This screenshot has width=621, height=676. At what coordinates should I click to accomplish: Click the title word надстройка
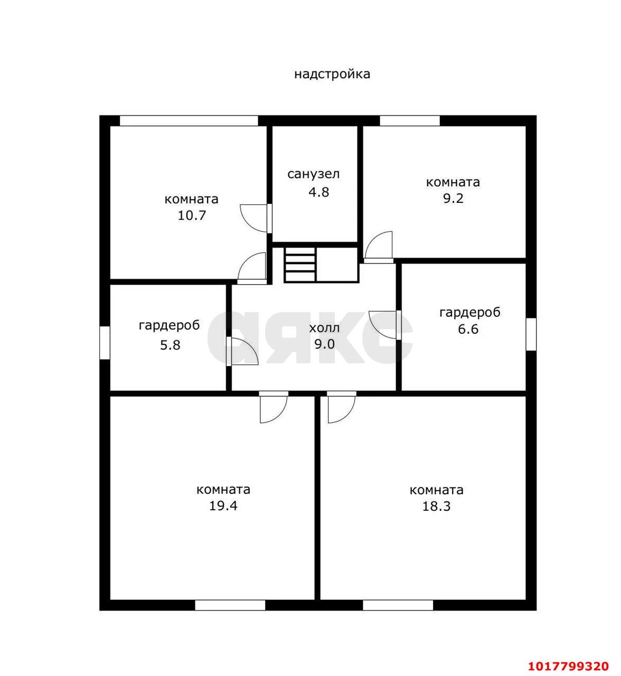(332, 74)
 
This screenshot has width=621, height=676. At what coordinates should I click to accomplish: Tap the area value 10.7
(192, 215)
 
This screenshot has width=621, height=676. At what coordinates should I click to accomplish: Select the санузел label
(314, 175)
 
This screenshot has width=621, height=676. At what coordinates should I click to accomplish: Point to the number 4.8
(319, 192)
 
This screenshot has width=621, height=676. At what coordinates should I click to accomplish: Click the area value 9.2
(453, 198)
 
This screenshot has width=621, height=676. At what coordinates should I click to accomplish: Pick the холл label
(324, 328)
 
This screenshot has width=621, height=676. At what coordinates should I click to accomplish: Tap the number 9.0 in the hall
(324, 344)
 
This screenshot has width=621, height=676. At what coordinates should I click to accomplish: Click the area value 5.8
(170, 345)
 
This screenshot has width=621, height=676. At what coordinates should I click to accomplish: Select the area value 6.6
(468, 329)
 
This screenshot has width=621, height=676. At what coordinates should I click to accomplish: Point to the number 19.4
(223, 506)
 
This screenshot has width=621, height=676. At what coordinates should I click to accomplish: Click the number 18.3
(437, 506)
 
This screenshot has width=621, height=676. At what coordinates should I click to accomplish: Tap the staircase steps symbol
(300, 265)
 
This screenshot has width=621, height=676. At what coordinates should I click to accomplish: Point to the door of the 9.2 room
(379, 247)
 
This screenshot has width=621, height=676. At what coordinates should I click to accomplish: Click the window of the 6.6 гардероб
(531, 334)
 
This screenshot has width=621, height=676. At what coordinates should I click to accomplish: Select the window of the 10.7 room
(189, 120)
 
